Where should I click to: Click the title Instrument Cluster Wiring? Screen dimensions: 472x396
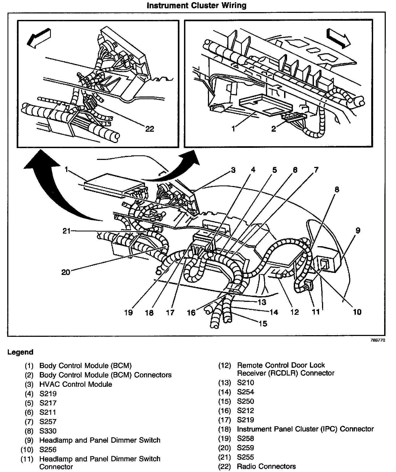[196, 5]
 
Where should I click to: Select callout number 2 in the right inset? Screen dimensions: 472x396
[274, 129]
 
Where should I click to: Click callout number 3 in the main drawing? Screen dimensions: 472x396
[233, 170]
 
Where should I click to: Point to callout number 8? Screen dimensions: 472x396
[337, 189]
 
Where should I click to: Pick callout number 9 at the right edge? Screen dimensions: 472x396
[358, 230]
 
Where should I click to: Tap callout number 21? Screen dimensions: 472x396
[66, 231]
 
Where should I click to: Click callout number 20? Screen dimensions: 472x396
[66, 272]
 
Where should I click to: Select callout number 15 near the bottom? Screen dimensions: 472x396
[263, 324]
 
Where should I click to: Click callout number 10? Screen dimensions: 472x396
[357, 312]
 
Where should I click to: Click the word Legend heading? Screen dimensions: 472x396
[20, 352]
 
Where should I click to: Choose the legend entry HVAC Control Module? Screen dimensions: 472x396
[76, 384]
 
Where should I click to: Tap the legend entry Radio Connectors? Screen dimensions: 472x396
[266, 466]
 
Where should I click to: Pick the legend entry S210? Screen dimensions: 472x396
[245, 382]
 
